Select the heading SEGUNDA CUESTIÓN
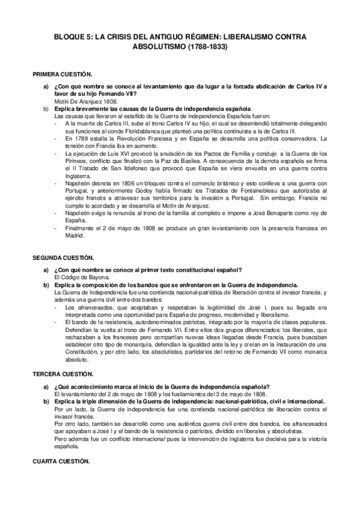point(63,257)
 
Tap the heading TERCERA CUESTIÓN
point(61,373)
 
